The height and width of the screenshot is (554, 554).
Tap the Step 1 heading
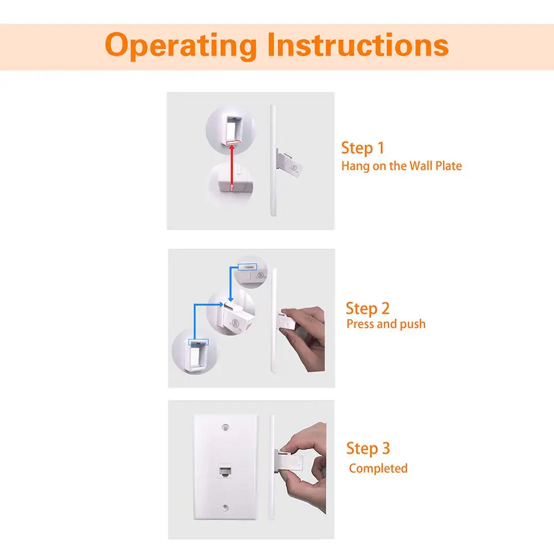tap(362, 148)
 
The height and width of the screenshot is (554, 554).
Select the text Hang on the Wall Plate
tap(401, 165)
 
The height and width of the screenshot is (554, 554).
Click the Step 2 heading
tap(367, 308)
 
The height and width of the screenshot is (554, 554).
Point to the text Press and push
tap(386, 324)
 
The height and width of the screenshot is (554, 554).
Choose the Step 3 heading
tap(368, 448)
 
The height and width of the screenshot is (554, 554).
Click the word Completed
tap(378, 468)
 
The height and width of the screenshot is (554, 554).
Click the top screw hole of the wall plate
tap(225, 428)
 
